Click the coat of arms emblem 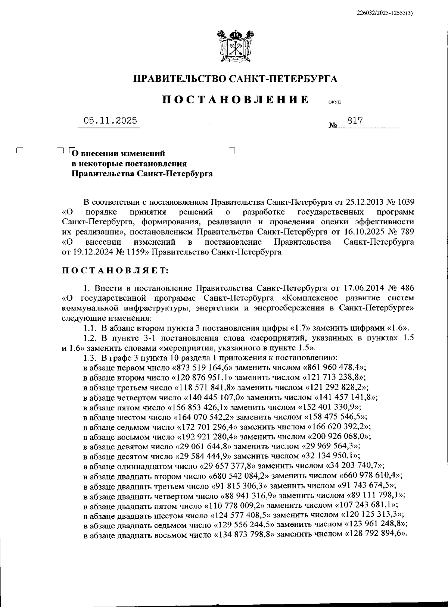click(x=235, y=47)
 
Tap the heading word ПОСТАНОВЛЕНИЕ click(x=235, y=100)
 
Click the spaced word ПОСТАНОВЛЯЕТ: click(x=115, y=271)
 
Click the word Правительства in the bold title click(x=103, y=174)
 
